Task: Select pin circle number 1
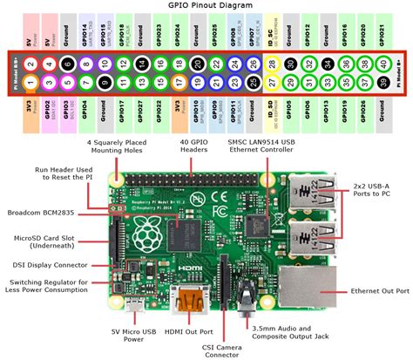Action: click(31, 84)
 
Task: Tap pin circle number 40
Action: click(383, 65)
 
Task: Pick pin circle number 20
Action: click(199, 65)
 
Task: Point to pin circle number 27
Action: click(273, 84)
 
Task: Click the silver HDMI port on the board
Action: click(187, 301)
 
